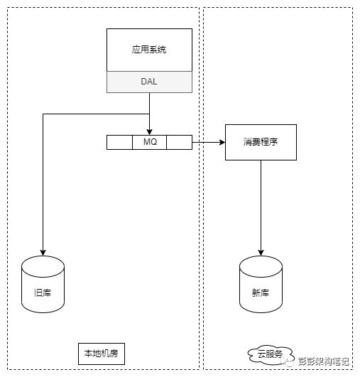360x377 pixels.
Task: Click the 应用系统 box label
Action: point(149,50)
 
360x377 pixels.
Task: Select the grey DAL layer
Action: point(149,82)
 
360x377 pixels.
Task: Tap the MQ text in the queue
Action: point(150,142)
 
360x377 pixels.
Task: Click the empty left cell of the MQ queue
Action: point(119,142)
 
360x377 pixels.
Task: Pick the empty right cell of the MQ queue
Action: point(179,142)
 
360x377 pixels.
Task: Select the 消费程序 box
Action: point(261,142)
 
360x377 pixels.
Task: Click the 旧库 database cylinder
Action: point(43,284)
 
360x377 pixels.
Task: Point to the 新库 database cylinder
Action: point(261,284)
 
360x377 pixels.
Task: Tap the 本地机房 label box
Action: point(102,354)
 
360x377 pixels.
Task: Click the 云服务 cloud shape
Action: point(270,354)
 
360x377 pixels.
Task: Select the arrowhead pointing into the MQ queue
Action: point(149,132)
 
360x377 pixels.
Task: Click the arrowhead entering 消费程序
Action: point(222,142)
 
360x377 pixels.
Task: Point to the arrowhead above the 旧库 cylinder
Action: point(43,253)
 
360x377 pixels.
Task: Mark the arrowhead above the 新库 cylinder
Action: point(261,253)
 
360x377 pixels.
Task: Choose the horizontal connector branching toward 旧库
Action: point(96,114)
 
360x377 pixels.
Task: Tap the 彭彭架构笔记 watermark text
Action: point(324,361)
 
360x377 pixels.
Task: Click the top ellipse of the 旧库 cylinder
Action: point(43,266)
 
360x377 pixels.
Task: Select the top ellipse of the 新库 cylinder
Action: point(261,266)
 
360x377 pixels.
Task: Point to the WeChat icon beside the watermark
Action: point(288,361)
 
